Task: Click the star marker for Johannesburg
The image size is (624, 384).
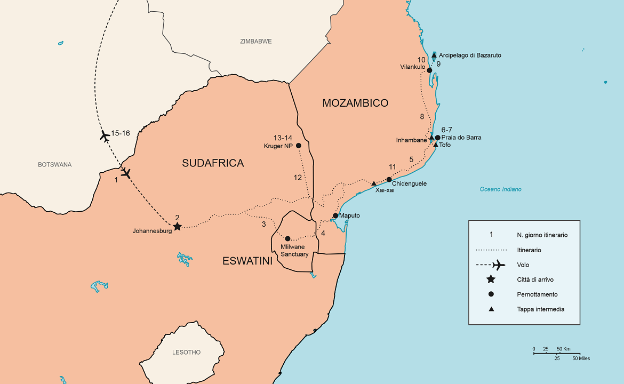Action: pos(178,226)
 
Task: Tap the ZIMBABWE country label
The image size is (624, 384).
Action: pos(256,41)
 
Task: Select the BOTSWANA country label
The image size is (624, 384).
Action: pos(54,165)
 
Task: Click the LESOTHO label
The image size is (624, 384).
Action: pos(187,353)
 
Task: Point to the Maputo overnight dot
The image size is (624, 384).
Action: pos(335,215)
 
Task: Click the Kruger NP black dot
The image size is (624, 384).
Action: pos(298,146)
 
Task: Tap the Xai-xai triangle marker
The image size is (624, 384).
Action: pos(374,183)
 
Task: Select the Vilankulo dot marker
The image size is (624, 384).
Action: pos(429,70)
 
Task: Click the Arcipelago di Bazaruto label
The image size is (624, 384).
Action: pos(470,55)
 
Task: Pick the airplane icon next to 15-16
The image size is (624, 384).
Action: pos(105,135)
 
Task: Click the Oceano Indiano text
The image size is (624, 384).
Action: pos(500,189)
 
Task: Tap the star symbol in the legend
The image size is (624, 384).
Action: pos(491,279)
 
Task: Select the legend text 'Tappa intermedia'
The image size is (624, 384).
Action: pos(540,309)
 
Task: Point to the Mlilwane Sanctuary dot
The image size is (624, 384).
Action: pos(287,238)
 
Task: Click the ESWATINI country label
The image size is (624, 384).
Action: pos(247,261)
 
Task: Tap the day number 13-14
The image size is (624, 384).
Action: pos(283,137)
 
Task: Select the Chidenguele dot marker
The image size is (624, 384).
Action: pos(389,179)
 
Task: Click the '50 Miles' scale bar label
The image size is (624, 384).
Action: pos(581,358)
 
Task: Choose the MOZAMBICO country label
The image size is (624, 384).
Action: pos(355,103)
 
